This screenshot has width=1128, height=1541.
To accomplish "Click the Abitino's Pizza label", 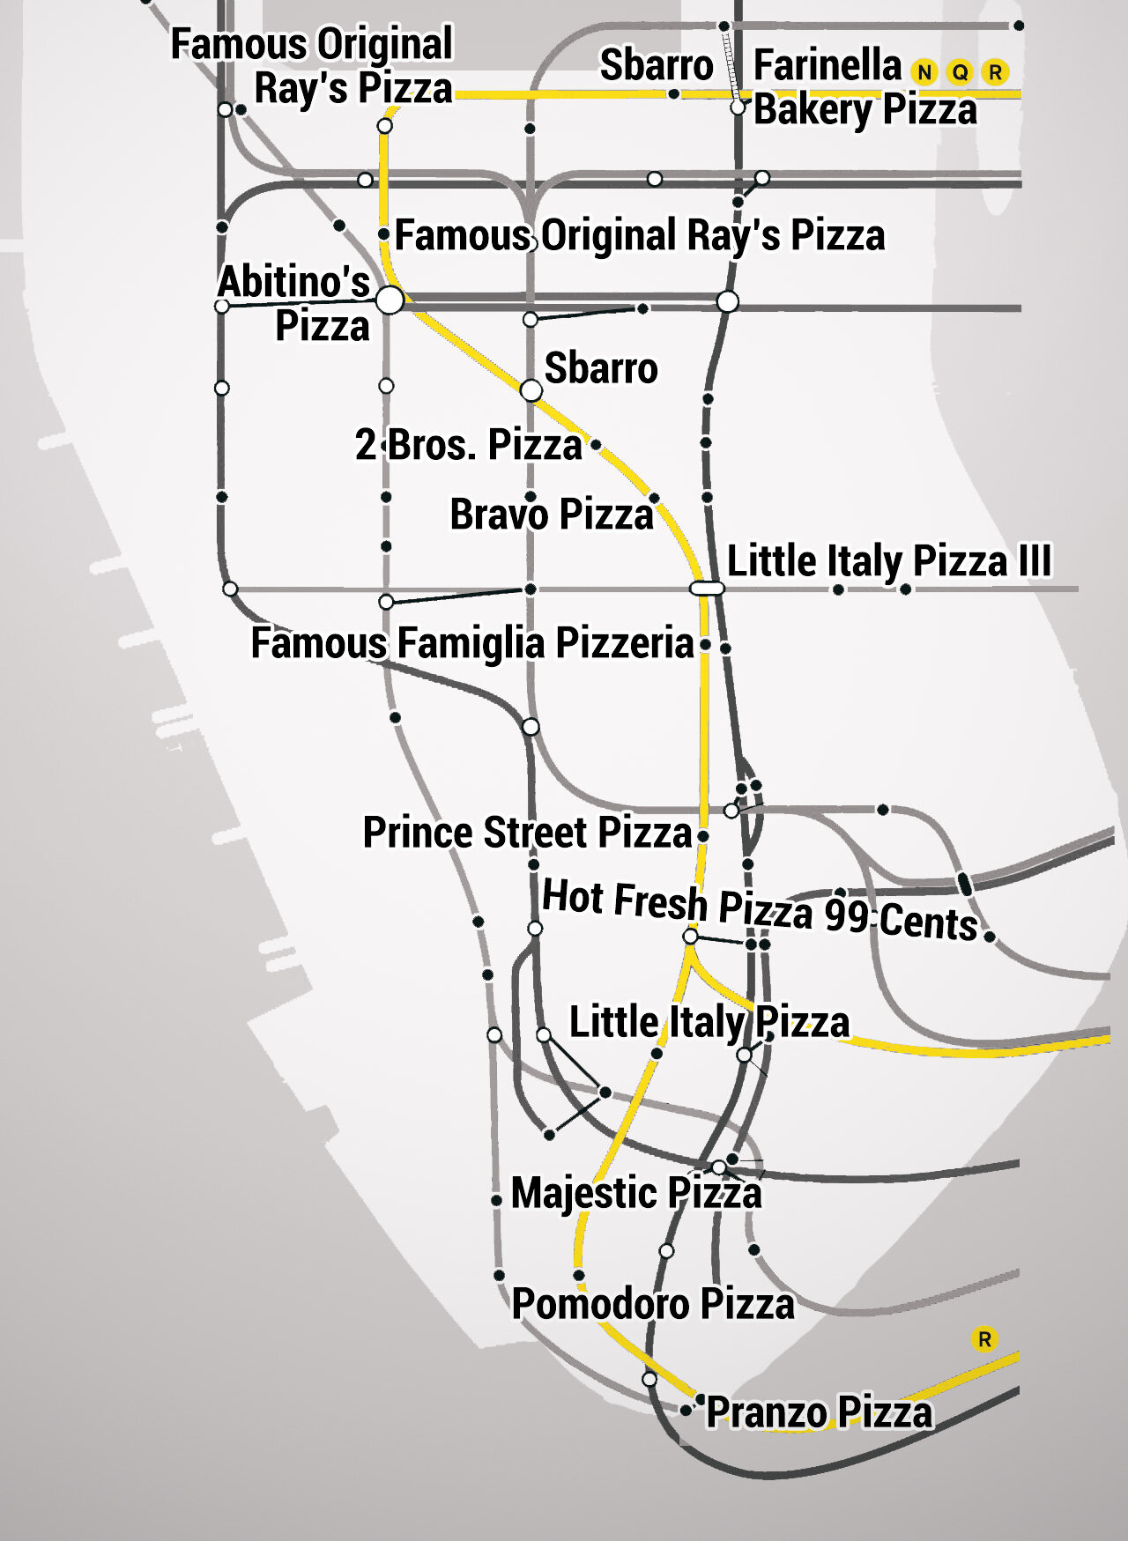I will (295, 304).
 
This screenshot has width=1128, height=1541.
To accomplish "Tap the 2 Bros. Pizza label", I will (468, 445).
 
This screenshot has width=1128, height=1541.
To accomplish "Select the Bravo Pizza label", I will (552, 515).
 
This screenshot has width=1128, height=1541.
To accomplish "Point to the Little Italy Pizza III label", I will (888, 561).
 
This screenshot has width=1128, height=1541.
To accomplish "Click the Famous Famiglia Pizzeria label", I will (472, 643).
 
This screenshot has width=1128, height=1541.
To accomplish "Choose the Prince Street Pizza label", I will (527, 833).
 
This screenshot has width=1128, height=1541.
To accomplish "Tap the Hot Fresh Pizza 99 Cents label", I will (759, 909).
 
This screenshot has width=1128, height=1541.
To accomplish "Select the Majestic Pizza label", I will (636, 1193).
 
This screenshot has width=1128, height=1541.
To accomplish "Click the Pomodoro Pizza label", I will (653, 1304).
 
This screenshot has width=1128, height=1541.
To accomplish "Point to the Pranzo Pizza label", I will (819, 1412).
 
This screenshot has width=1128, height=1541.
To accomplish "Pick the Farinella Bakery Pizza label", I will (864, 87).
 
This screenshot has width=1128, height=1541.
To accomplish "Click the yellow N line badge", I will (924, 72).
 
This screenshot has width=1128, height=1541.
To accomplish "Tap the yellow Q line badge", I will (960, 72).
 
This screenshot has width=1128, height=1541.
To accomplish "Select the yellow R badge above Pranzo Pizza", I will (984, 1339).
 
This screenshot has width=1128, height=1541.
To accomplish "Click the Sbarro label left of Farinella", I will (657, 65).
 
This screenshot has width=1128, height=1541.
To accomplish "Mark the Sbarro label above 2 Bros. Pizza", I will (601, 368).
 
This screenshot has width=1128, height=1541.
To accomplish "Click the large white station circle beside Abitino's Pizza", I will (390, 300).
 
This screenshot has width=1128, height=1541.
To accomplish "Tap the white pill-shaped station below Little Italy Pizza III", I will (707, 588).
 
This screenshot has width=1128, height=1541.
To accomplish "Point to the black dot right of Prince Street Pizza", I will (703, 835).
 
